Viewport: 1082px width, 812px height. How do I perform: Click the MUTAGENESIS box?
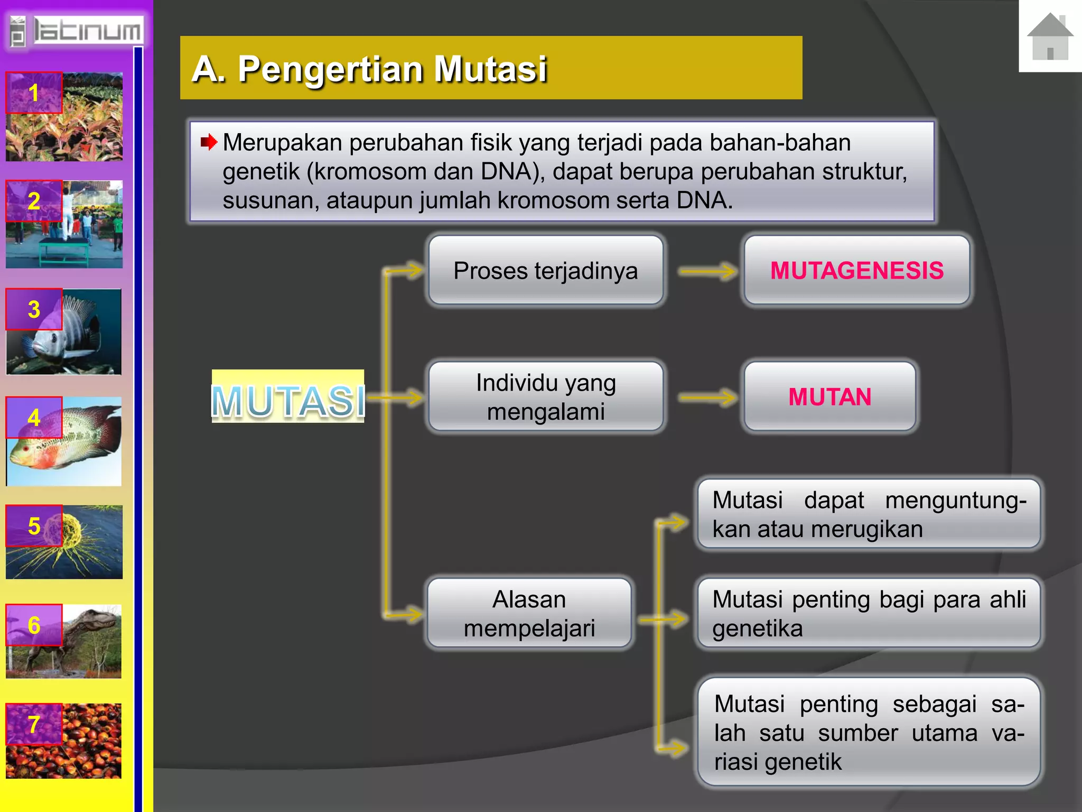856,270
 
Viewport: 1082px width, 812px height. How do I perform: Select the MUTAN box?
829,396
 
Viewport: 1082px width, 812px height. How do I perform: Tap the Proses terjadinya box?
545,270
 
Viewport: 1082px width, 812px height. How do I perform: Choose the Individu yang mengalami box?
545,396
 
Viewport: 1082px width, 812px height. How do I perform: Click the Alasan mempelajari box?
529,613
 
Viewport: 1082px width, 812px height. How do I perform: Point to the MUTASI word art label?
288,400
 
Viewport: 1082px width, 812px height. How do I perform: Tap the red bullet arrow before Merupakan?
209,142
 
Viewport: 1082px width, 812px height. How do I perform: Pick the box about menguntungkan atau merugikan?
869,514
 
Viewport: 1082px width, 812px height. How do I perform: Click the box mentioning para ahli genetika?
869,613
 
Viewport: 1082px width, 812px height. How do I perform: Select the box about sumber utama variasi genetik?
869,732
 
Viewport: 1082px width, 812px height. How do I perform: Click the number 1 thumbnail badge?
34,93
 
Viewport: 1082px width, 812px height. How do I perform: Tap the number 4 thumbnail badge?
34,418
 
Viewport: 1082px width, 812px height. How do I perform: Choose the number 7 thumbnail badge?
34,724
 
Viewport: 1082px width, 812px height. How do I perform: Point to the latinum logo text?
87,31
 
